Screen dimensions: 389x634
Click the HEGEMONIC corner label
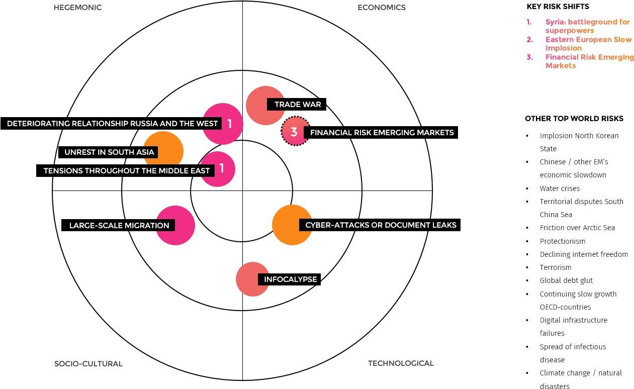[x=77, y=8]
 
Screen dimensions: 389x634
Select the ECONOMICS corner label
[x=381, y=8]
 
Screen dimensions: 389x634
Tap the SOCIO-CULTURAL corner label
[x=88, y=363]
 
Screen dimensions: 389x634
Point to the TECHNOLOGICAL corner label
[x=401, y=363]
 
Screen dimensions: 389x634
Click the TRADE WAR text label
[x=298, y=105]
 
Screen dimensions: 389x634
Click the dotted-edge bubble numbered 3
[x=294, y=132]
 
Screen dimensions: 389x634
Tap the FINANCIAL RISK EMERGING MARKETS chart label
[x=382, y=133]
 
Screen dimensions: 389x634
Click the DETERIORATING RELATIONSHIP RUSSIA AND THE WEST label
[x=113, y=124]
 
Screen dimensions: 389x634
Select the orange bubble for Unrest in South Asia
[x=166, y=143]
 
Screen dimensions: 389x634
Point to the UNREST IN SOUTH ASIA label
[x=109, y=152]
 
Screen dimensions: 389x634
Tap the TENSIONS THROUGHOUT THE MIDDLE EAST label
[x=127, y=171]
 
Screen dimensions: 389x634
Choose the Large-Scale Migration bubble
[x=181, y=225]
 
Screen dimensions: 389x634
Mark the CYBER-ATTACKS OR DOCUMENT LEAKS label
[x=381, y=225]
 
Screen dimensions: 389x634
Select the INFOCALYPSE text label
[x=290, y=279]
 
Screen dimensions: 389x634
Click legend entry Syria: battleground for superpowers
[x=587, y=26]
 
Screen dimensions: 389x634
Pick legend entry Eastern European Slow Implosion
[x=588, y=44]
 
